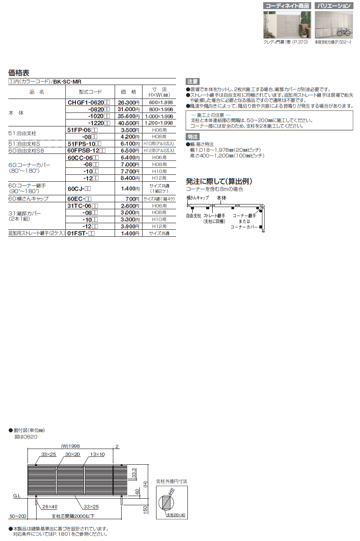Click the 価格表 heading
(19, 73)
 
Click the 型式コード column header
(90, 92)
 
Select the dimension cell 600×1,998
(159, 102)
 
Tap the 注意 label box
(192, 82)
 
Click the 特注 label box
(192, 136)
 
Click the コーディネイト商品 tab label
(286, 6)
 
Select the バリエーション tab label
(333, 6)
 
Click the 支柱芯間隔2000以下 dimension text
(73, 516)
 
